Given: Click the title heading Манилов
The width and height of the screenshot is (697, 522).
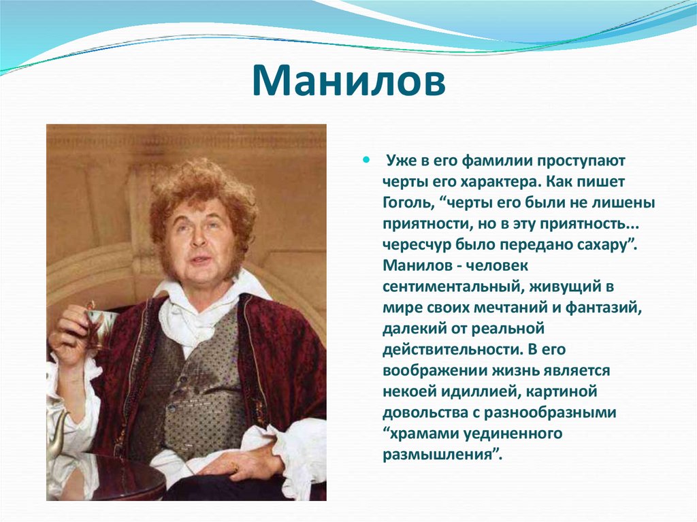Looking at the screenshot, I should tap(348, 81).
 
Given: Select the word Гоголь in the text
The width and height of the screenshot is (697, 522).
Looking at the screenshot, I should tap(408, 203).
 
